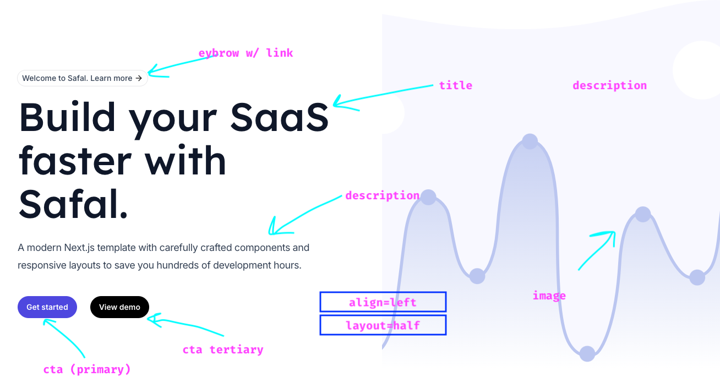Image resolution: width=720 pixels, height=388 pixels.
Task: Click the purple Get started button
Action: click(47, 307)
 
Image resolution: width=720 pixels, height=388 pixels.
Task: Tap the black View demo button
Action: click(119, 307)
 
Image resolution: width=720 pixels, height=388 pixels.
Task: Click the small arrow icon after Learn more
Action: click(139, 78)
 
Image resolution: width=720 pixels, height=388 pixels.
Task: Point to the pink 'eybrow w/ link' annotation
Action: click(246, 53)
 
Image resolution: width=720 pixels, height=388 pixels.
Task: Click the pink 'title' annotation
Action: click(455, 85)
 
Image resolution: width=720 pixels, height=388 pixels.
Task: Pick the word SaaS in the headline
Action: click(280, 117)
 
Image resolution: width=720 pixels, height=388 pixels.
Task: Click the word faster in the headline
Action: click(75, 160)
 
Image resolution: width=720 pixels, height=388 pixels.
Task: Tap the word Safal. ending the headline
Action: click(73, 204)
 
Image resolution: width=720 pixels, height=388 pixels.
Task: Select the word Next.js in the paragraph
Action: click(79, 248)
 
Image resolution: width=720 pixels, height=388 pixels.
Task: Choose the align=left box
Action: click(383, 302)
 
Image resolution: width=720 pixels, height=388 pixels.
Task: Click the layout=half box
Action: click(383, 325)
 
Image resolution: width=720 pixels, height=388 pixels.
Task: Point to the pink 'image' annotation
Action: click(549, 296)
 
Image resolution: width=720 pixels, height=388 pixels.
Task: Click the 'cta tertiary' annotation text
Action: click(223, 349)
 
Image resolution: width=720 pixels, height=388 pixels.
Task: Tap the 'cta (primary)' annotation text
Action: click(87, 369)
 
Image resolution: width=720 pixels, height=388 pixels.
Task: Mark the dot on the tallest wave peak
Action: click(530, 141)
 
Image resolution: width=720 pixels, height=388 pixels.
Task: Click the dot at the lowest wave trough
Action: click(587, 354)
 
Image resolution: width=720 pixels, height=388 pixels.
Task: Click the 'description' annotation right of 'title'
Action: click(610, 85)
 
